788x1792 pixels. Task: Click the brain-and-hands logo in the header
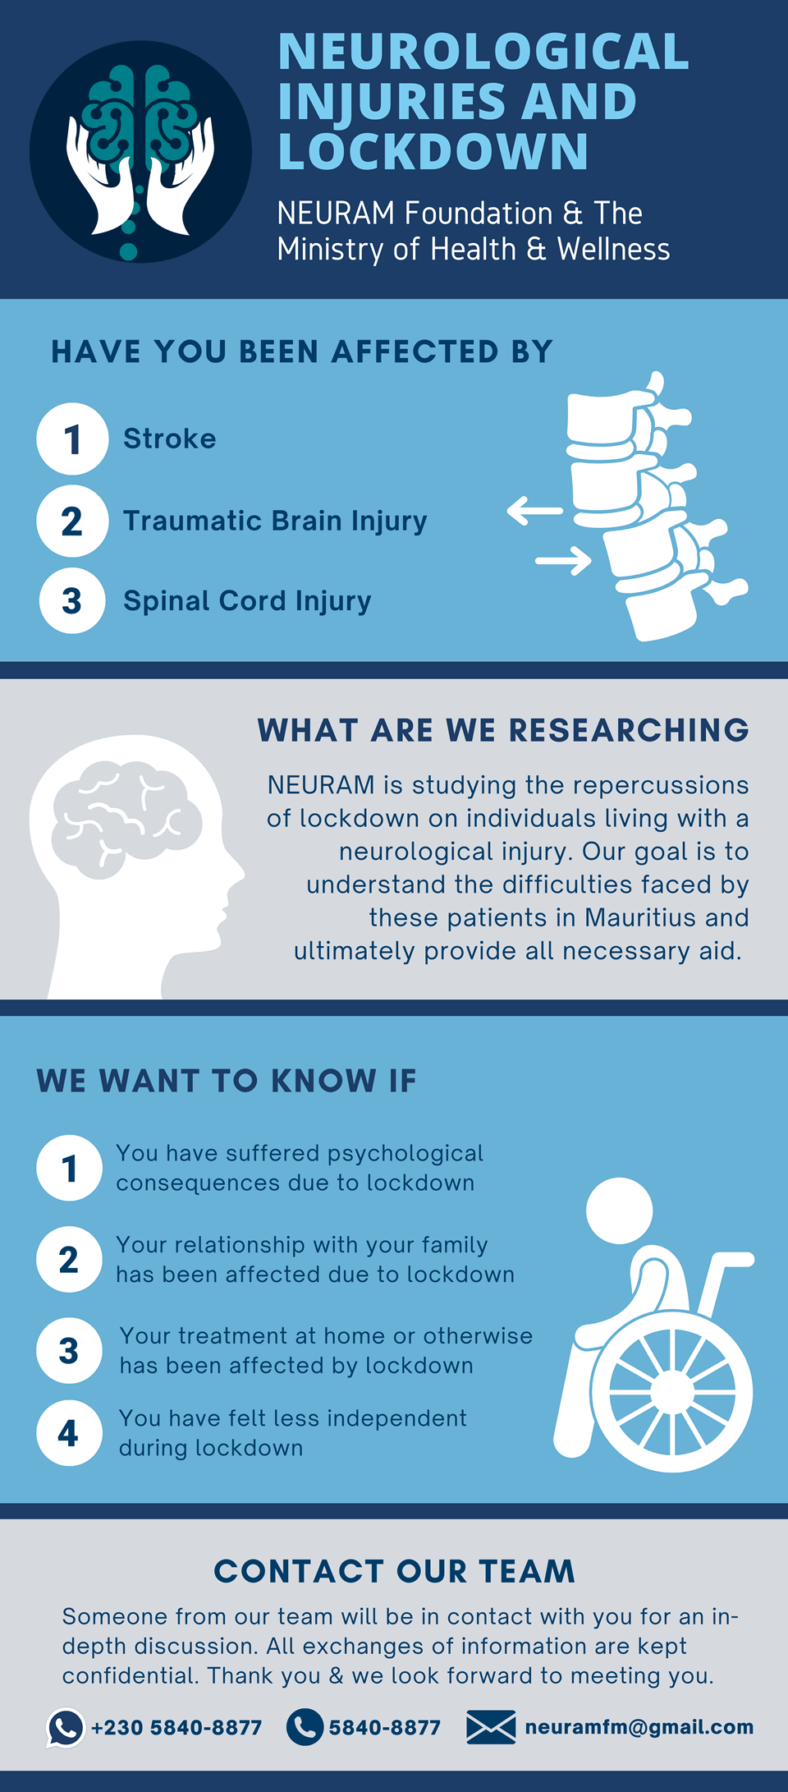(x=140, y=152)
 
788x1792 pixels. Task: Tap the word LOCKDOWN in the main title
(x=433, y=151)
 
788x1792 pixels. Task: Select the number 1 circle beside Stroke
(x=72, y=439)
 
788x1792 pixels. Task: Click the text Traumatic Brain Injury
(x=275, y=522)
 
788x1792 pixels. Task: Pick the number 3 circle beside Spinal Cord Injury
(x=72, y=600)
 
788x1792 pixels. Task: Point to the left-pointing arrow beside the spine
(x=535, y=510)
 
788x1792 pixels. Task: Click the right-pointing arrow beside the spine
(x=563, y=561)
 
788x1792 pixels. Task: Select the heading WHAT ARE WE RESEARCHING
(x=503, y=730)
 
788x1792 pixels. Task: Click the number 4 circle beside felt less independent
(x=69, y=1433)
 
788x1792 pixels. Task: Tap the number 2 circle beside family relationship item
(x=69, y=1259)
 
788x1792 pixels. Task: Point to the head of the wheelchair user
(x=620, y=1211)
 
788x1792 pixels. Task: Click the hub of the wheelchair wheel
(x=672, y=1393)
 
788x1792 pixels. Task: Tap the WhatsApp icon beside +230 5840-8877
(x=66, y=1727)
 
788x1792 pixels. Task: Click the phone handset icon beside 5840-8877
(x=305, y=1726)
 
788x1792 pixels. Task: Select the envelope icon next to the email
(x=491, y=1727)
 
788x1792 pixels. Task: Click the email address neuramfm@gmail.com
(x=639, y=1727)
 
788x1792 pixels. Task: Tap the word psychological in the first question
(x=405, y=1154)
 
